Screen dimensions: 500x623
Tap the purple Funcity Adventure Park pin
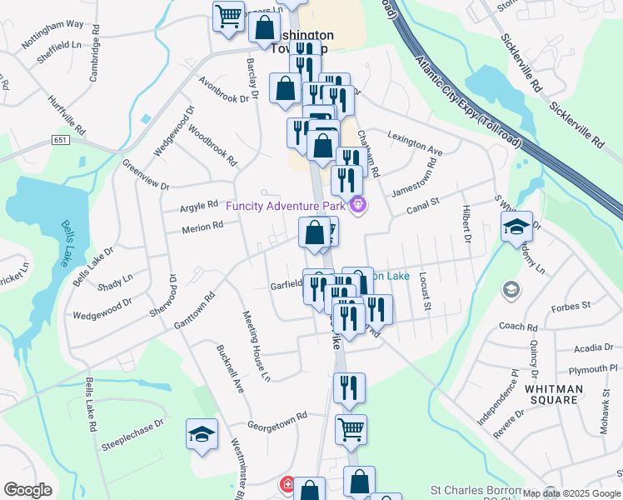point(358,202)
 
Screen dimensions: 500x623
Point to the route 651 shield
point(62,141)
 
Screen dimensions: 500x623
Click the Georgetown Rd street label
point(277,415)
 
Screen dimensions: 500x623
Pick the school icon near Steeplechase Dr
point(202,434)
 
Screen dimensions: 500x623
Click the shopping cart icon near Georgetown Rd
point(351,430)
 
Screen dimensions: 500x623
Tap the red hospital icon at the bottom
point(287,483)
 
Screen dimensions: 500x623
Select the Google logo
point(27,490)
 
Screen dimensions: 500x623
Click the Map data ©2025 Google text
point(571,493)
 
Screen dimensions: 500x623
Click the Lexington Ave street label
point(414,146)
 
